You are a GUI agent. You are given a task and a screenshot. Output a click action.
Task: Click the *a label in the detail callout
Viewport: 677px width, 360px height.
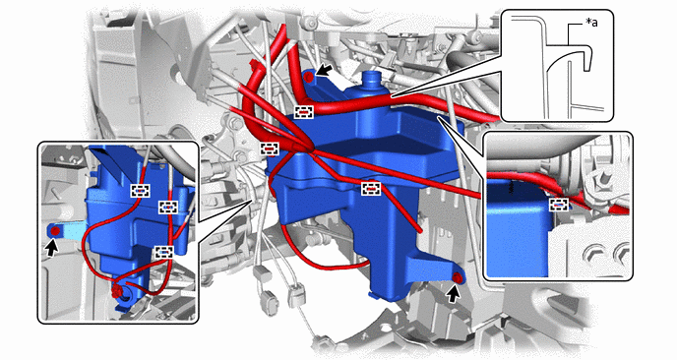click(591, 23)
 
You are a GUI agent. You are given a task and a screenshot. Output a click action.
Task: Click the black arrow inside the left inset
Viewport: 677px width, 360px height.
click(52, 248)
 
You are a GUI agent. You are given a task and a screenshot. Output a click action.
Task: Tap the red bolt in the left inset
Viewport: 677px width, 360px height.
click(55, 231)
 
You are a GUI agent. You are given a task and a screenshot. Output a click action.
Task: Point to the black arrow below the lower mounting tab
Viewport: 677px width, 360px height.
click(453, 295)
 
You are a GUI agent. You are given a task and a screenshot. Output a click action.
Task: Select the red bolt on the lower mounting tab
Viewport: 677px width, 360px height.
click(459, 279)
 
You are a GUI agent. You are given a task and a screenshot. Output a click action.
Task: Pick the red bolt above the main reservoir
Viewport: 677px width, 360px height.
click(308, 78)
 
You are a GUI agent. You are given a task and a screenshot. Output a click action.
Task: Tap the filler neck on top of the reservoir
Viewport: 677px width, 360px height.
click(370, 80)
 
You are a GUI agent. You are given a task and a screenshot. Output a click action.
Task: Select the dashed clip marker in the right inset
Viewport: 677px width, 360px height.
click(558, 205)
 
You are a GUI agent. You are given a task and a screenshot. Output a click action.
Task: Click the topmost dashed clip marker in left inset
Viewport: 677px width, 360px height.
click(141, 191)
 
